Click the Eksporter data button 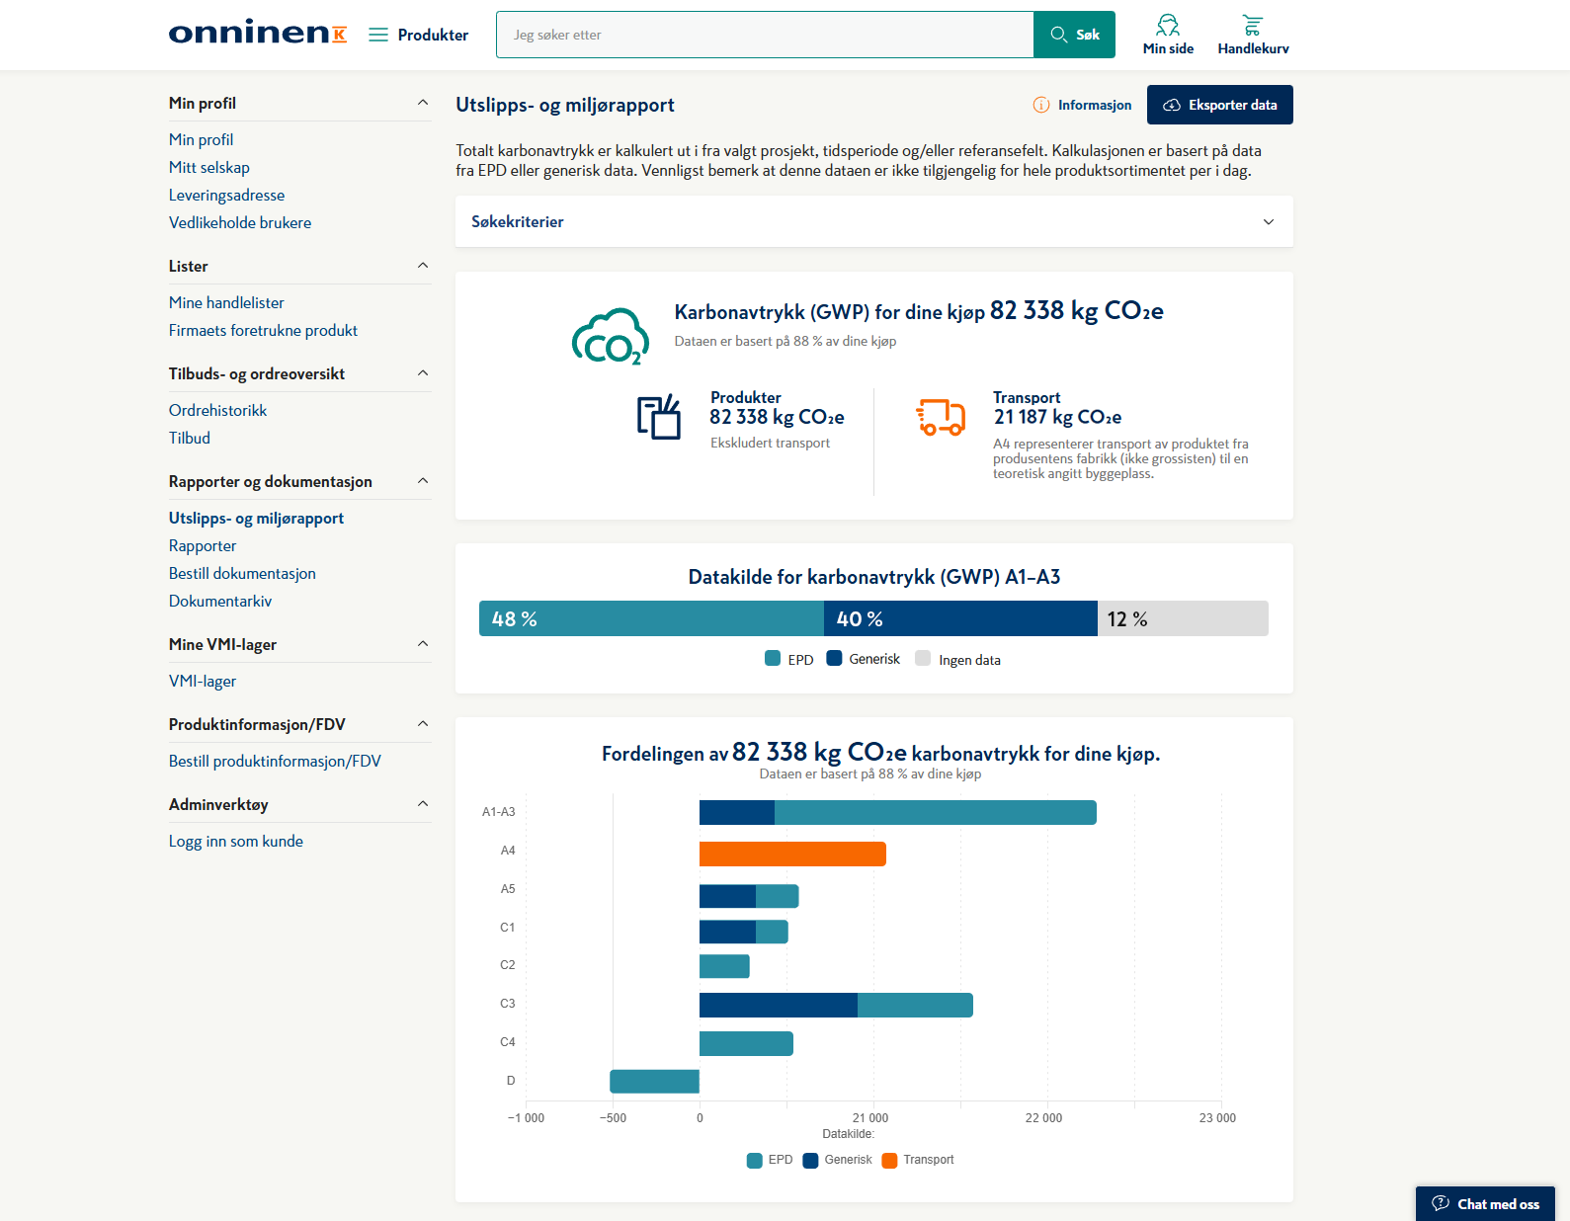tap(1219, 105)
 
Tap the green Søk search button tap(1074, 35)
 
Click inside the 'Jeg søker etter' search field tap(765, 35)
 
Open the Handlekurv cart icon tap(1253, 26)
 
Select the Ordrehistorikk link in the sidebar tap(217, 410)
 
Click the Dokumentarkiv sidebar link tap(220, 601)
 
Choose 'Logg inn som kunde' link tap(235, 842)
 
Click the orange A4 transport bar tap(792, 854)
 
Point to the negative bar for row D tap(655, 1081)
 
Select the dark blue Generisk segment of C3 tap(779, 1005)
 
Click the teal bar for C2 tap(724, 966)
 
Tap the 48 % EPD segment tap(651, 618)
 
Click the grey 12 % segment tap(1183, 618)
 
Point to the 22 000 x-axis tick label tap(1043, 1117)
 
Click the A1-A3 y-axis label tap(499, 812)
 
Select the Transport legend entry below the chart tap(918, 1160)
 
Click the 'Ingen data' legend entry tap(958, 659)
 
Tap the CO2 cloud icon tap(610, 337)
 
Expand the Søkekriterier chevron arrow tap(1268, 221)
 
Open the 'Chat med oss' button tap(1485, 1203)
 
